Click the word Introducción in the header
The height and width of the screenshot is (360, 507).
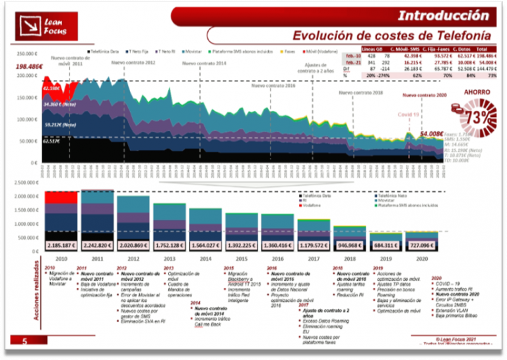click(x=443, y=15)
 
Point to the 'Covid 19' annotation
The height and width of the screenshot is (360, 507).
click(x=408, y=115)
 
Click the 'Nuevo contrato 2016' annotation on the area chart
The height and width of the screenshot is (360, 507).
click(x=273, y=85)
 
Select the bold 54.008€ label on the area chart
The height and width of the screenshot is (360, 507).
click(x=432, y=133)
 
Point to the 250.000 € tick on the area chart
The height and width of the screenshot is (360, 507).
click(x=27, y=54)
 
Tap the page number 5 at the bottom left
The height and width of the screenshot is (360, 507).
click(x=25, y=341)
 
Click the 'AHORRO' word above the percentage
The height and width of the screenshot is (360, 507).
click(x=477, y=93)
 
